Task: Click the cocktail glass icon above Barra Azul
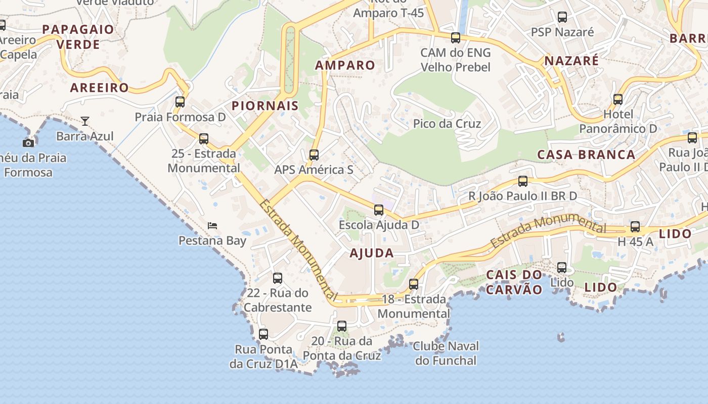point(85,121)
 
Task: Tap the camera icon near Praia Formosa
point(28,143)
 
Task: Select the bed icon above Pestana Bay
point(212,225)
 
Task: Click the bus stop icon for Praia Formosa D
point(180,102)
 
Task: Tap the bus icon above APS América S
point(314,155)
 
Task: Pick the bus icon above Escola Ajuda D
point(379,210)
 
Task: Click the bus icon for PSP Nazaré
point(562,17)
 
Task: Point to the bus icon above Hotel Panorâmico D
point(618,99)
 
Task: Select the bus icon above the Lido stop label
point(562,268)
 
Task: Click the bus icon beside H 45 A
point(635,227)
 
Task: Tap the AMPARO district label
point(345,65)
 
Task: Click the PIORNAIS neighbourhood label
point(265,106)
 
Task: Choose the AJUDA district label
point(372,253)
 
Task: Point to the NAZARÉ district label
point(571,61)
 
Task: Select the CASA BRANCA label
point(586,155)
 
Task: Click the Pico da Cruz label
point(447,124)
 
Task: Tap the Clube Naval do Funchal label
point(446,353)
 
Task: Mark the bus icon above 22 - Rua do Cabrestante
point(278,278)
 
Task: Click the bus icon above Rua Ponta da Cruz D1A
point(263,334)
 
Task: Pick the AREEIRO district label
point(100,87)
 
